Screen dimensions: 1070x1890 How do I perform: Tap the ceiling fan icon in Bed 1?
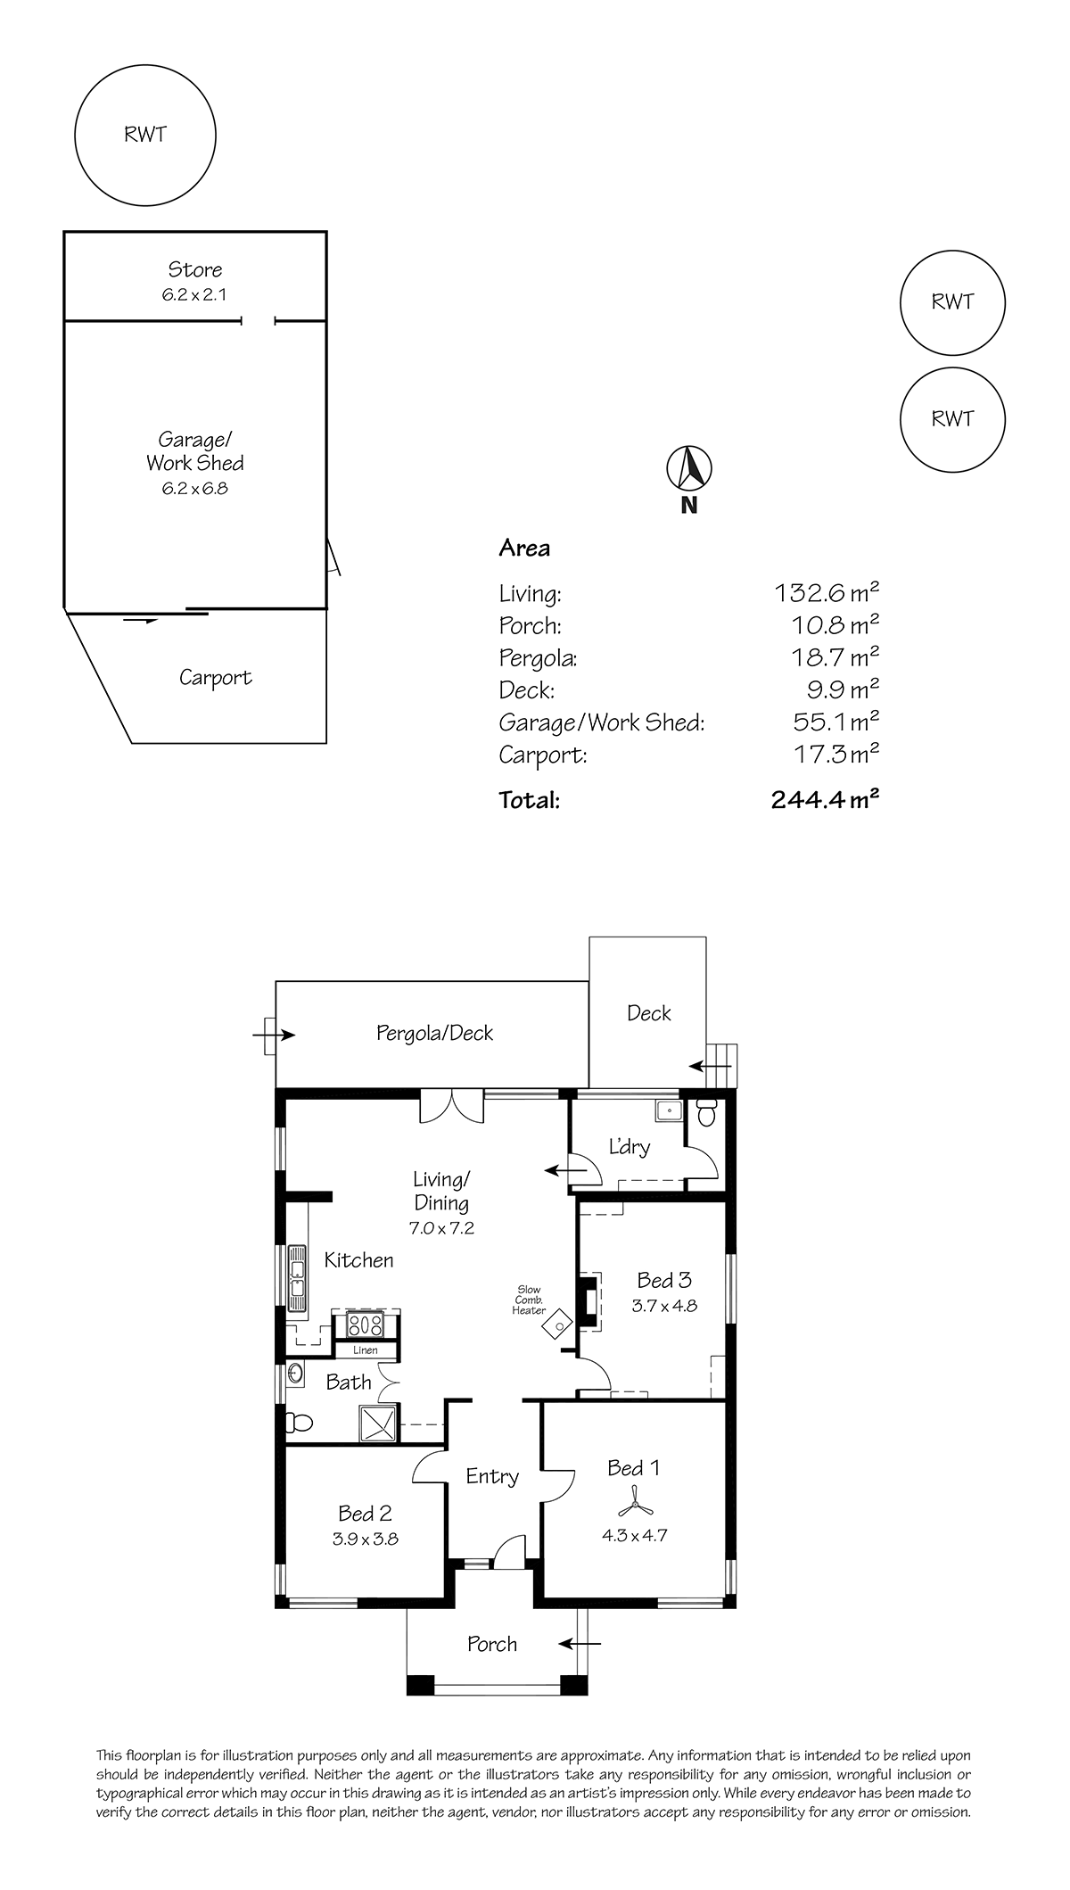pyautogui.click(x=638, y=1508)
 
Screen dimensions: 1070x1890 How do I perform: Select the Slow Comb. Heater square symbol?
pyautogui.click(x=559, y=1325)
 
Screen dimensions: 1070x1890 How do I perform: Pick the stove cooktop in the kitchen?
pyautogui.click(x=366, y=1324)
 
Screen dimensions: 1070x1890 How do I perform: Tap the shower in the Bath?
pyautogui.click(x=378, y=1422)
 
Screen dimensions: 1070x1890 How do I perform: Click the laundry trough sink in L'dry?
pyautogui.click(x=668, y=1110)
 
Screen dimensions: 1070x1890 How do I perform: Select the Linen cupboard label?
pyautogui.click(x=366, y=1350)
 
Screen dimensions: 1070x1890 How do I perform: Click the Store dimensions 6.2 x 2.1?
pyautogui.click(x=194, y=295)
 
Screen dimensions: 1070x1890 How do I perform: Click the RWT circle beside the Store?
pyautogui.click(x=145, y=136)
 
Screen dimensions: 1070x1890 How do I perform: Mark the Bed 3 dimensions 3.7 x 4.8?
pyautogui.click(x=665, y=1306)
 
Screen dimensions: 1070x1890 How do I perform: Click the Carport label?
pyautogui.click(x=216, y=678)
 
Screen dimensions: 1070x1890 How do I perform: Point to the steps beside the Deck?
pyautogui.click(x=722, y=1065)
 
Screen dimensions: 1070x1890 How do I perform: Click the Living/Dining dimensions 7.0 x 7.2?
pyautogui.click(x=441, y=1228)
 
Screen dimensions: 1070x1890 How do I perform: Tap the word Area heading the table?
pyautogui.click(x=524, y=549)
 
